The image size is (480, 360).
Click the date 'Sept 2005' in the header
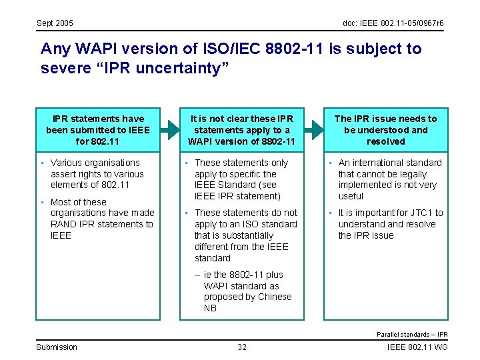[x=55, y=23]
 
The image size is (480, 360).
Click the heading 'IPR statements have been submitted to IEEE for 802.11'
[x=98, y=130]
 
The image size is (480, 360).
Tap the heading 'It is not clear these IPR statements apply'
[x=241, y=130]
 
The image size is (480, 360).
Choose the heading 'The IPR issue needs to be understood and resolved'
[x=385, y=130]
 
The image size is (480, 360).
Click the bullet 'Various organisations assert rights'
[x=97, y=173]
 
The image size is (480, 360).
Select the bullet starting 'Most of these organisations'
[x=101, y=219]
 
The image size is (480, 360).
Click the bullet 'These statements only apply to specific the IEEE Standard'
[x=241, y=179]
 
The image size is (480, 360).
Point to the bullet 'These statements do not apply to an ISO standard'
[x=245, y=235]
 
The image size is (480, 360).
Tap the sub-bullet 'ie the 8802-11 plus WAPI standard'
[x=247, y=291]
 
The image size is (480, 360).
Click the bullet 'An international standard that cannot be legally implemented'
[x=389, y=179]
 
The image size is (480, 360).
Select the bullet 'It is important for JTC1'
[x=390, y=224]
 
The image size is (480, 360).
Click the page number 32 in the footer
[x=242, y=347]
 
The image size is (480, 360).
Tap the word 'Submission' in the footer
[x=57, y=347]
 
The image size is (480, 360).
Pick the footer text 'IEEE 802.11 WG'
[x=417, y=347]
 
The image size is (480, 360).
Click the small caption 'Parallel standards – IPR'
[x=412, y=334]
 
